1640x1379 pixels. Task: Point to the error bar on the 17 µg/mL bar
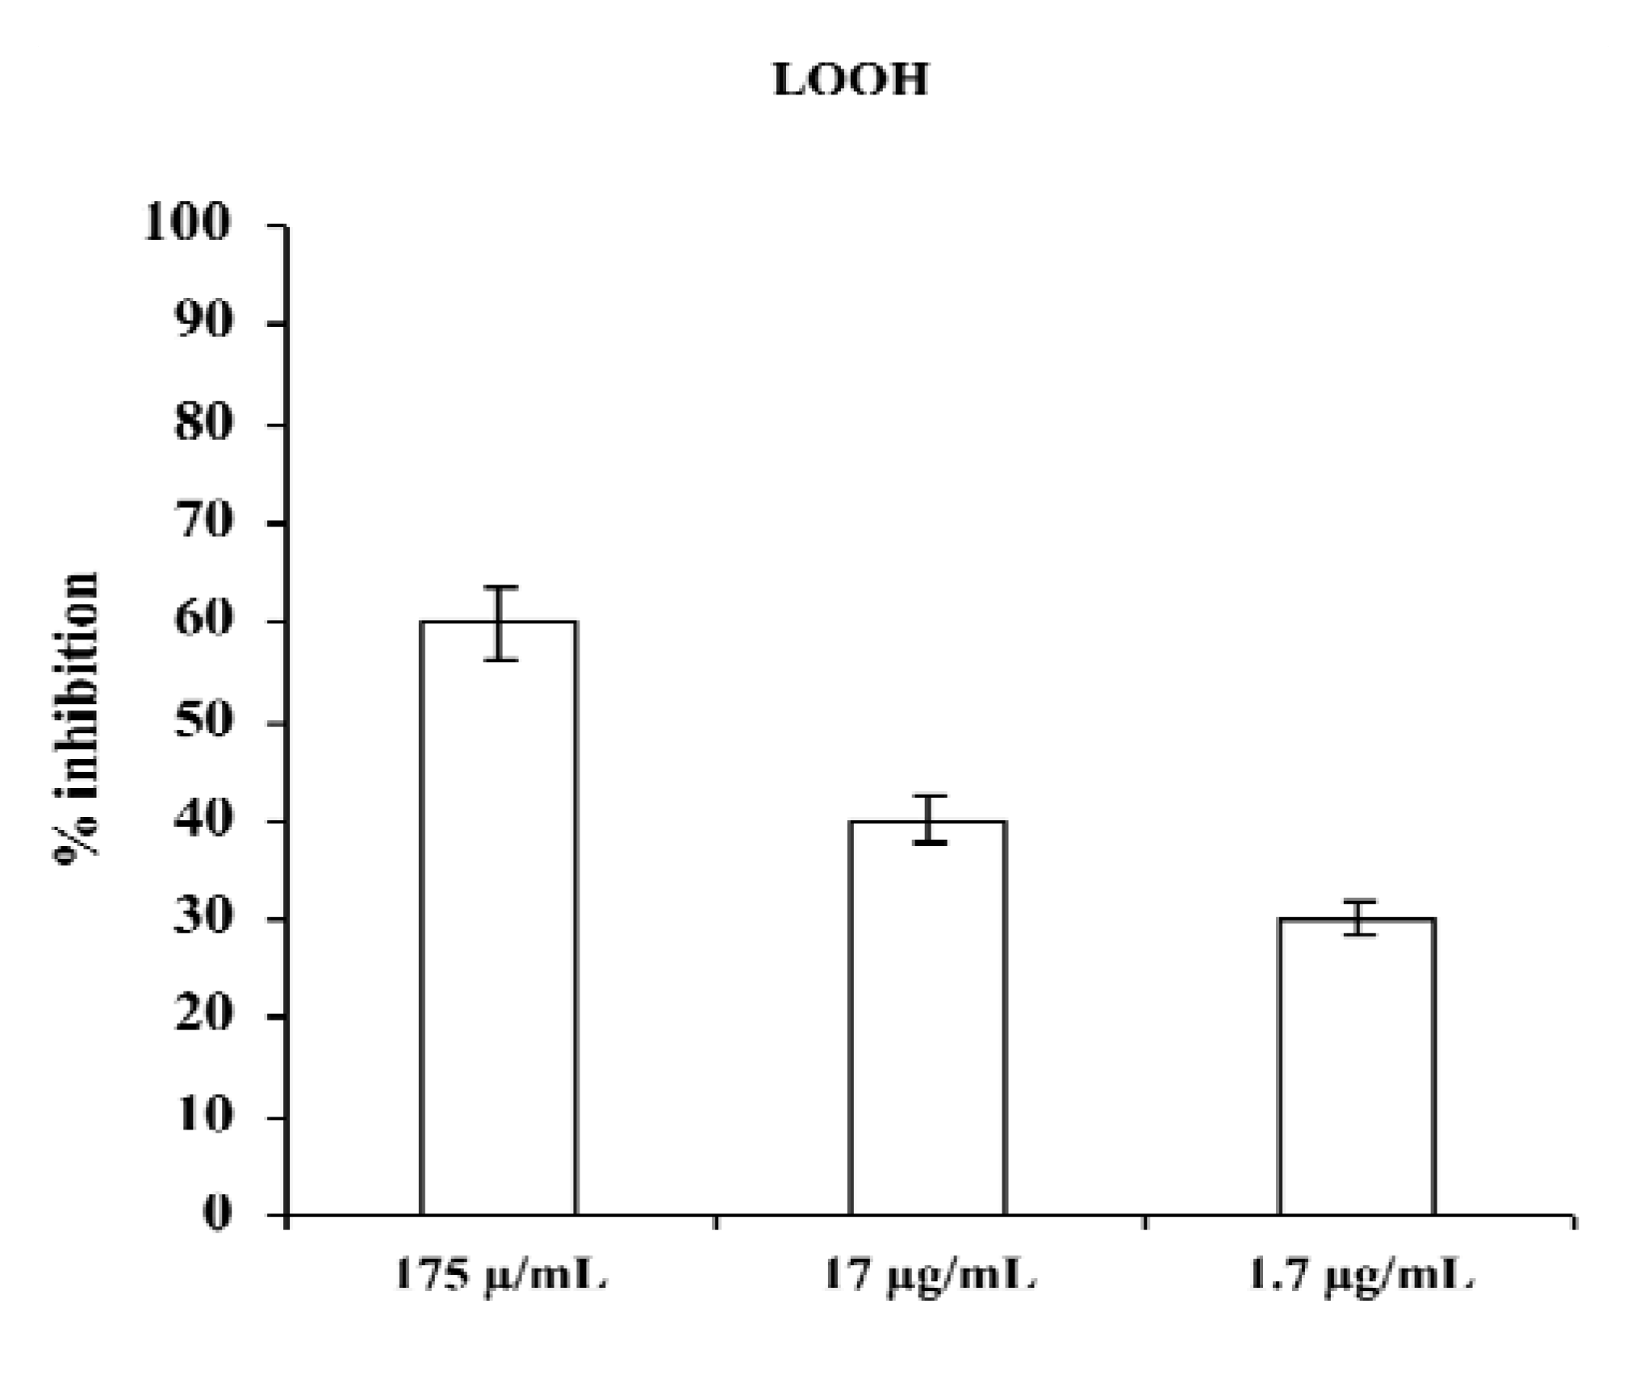pyautogui.click(x=930, y=819)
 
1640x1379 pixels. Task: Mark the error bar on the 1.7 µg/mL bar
pyautogui.click(x=1359, y=918)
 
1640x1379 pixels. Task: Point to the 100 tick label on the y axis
pyautogui.click(x=187, y=224)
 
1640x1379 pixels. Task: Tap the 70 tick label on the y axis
pyautogui.click(x=203, y=522)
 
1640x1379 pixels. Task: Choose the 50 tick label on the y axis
pyautogui.click(x=203, y=722)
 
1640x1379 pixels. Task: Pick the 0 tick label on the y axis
pyautogui.click(x=216, y=1213)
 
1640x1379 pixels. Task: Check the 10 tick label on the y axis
pyautogui.click(x=203, y=1117)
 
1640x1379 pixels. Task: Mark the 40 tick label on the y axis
pyautogui.click(x=203, y=820)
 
